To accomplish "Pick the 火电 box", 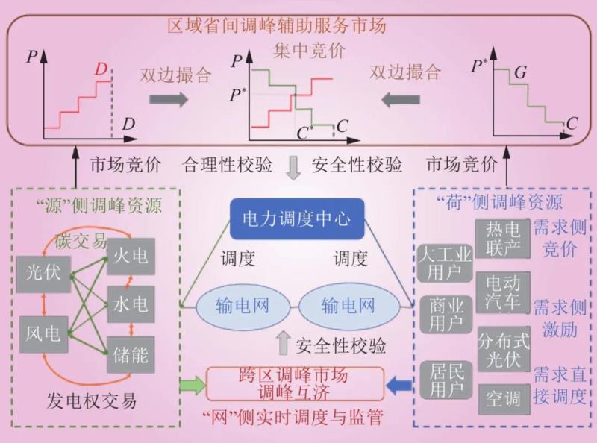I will click(x=131, y=257).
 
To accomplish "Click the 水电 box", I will click(x=131, y=304).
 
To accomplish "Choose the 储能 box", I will click(x=131, y=355).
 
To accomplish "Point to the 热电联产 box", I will click(x=502, y=238).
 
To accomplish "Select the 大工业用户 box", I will click(x=445, y=263).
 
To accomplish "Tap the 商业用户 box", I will click(x=445, y=314).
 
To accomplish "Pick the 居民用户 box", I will click(x=445, y=380).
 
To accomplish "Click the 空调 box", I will click(x=502, y=398).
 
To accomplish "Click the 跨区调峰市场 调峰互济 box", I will click(x=293, y=384).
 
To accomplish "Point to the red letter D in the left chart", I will click(x=101, y=69).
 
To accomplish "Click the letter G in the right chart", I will click(x=520, y=72).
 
